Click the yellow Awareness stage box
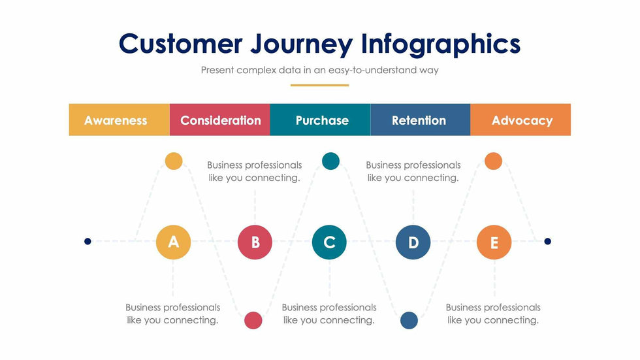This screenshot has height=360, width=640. (119, 120)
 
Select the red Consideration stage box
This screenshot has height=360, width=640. (219, 120)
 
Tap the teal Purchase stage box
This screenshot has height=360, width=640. (320, 120)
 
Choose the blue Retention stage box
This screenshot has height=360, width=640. (421, 120)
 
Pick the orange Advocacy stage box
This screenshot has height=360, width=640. (520, 120)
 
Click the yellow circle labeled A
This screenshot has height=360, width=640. (174, 242)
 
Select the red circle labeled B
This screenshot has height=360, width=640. (255, 242)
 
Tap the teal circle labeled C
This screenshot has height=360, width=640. (329, 242)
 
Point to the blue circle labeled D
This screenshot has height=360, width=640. (413, 242)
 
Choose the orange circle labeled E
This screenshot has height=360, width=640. (494, 242)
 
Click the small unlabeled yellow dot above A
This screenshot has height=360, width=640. (174, 161)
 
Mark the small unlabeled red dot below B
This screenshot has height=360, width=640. (253, 320)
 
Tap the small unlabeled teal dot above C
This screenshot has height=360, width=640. (330, 161)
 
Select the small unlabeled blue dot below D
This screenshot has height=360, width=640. (409, 320)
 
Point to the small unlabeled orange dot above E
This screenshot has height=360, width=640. (494, 161)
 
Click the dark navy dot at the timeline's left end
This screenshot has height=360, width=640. (88, 241)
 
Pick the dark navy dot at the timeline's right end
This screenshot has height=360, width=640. (548, 241)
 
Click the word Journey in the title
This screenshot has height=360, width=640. (301, 44)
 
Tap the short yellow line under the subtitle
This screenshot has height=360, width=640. (319, 86)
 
